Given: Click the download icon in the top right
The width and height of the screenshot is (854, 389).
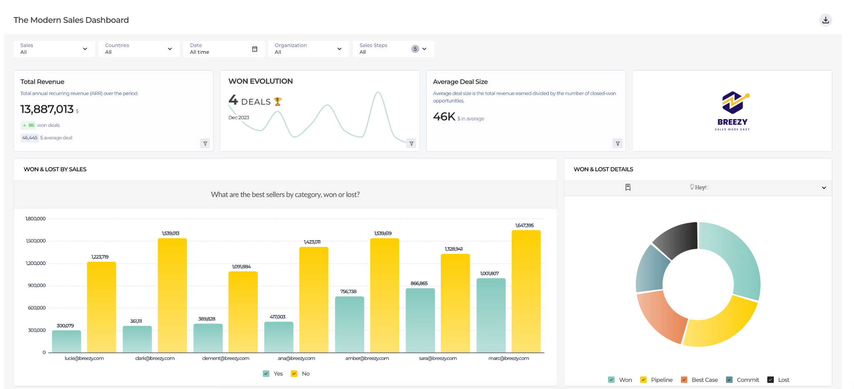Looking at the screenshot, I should pyautogui.click(x=825, y=20).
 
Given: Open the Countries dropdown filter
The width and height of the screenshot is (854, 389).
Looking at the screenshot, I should pyautogui.click(x=139, y=49).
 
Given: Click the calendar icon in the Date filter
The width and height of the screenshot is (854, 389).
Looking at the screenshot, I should pyautogui.click(x=254, y=49).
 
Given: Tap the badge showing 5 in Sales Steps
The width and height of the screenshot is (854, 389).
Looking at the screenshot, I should pyautogui.click(x=415, y=49).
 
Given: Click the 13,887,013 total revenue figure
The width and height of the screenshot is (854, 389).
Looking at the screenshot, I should pyautogui.click(x=47, y=109).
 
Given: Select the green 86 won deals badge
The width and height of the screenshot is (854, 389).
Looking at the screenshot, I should pyautogui.click(x=28, y=125).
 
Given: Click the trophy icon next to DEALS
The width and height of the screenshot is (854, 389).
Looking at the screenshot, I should pyautogui.click(x=278, y=102).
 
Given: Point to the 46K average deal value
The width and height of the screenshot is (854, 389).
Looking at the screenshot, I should pyautogui.click(x=444, y=117).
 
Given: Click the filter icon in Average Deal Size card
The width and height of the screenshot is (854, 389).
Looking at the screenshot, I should pyautogui.click(x=618, y=143).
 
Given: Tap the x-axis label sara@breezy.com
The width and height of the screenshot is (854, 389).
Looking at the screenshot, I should pyautogui.click(x=438, y=358).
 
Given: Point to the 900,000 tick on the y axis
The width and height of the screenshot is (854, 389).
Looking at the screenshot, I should pyautogui.click(x=37, y=286).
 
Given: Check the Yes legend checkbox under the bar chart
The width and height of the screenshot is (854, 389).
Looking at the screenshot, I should pyautogui.click(x=266, y=374).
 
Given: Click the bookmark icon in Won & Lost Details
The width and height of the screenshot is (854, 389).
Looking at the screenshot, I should pyautogui.click(x=628, y=187).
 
